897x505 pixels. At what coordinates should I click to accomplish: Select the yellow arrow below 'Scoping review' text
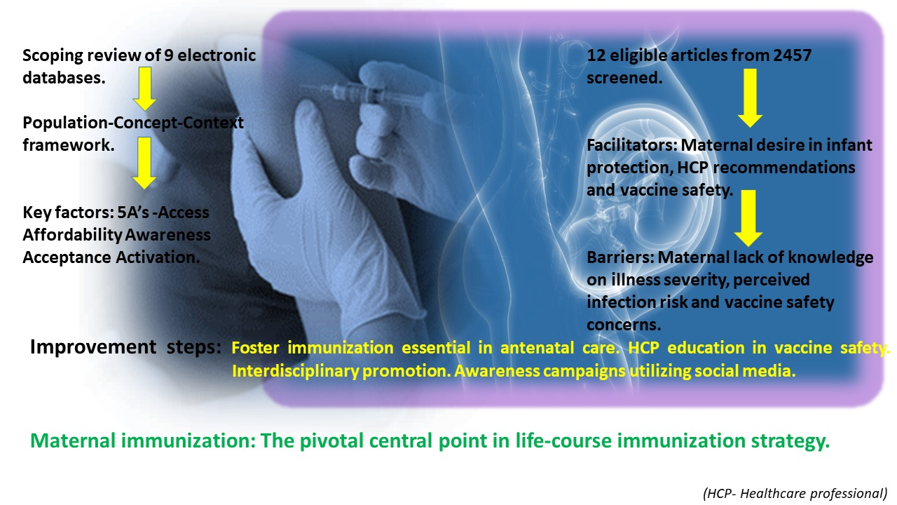(144, 88)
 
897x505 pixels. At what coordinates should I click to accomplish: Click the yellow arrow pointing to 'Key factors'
(144, 163)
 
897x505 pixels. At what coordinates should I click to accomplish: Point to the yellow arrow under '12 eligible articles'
(750, 98)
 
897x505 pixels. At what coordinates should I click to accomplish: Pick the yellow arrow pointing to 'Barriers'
(748, 218)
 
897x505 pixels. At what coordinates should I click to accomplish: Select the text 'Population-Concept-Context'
(133, 123)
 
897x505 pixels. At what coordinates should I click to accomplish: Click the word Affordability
(72, 235)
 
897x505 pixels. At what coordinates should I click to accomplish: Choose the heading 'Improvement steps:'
(125, 346)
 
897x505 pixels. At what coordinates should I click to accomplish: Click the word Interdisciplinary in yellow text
(296, 371)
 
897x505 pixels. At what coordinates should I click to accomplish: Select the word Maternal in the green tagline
(73, 440)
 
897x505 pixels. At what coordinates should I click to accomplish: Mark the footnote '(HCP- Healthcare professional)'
(795, 493)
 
